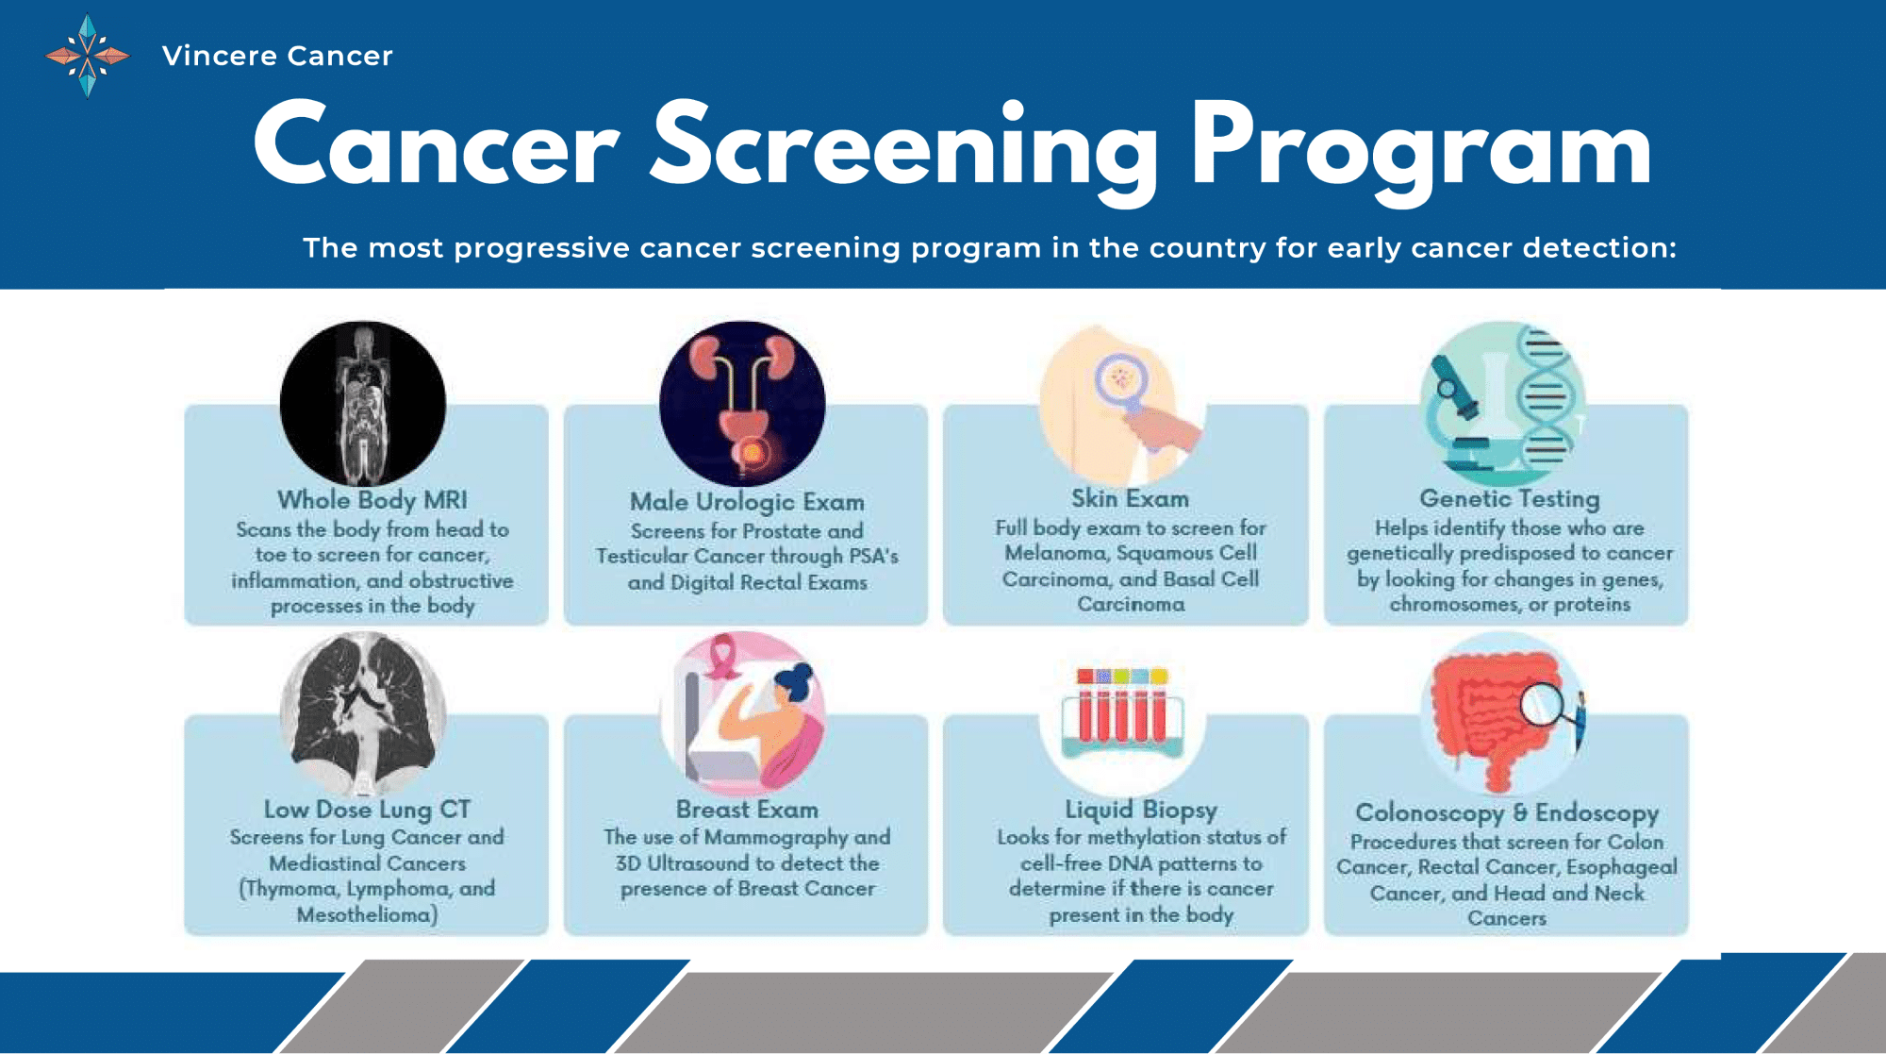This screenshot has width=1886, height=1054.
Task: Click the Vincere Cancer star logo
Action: [x=88, y=56]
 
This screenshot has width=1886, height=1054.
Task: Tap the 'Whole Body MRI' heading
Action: [x=372, y=500]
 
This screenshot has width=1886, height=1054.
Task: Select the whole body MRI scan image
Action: [x=363, y=404]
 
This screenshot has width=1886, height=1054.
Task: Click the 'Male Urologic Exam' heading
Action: [x=747, y=502]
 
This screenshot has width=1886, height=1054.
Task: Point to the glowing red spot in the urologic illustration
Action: [x=753, y=453]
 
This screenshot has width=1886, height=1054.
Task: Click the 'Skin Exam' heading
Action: [x=1130, y=498]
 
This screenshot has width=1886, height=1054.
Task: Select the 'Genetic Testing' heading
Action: [x=1509, y=498]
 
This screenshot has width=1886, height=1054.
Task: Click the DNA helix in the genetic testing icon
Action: [x=1544, y=396]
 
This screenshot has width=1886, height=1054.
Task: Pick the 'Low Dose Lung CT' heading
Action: [x=367, y=810]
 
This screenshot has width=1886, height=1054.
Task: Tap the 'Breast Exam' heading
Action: [x=747, y=810]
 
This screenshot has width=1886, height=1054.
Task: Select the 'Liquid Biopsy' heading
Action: [x=1141, y=810]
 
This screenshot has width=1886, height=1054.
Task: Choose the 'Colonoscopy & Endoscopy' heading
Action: [x=1507, y=812]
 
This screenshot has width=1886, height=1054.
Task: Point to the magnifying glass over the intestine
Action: [x=1542, y=703]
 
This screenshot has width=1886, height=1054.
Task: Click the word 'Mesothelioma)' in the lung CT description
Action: [x=367, y=914]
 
